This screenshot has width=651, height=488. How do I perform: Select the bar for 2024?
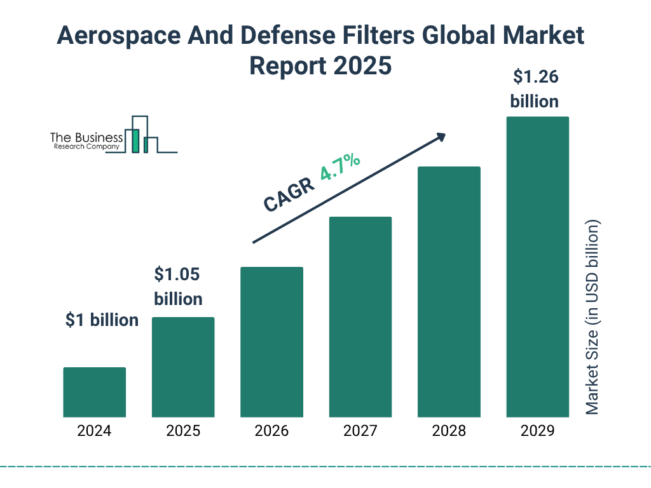[94, 392]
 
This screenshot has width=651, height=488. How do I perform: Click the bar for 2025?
[183, 367]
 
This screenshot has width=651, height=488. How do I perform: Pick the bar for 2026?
[271, 342]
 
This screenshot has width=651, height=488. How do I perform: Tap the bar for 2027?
[360, 316]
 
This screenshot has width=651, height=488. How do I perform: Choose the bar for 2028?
[449, 292]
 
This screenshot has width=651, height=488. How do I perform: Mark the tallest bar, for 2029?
[537, 267]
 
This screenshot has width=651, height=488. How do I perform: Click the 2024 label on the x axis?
[94, 431]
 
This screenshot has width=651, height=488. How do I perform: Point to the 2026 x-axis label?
[271, 431]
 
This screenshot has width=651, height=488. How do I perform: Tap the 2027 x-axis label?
[360, 431]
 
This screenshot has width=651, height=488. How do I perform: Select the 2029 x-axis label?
[537, 431]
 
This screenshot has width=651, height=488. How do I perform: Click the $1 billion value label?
[102, 320]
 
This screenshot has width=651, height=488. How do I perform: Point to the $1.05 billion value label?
[178, 287]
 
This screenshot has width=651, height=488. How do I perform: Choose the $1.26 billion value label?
[535, 89]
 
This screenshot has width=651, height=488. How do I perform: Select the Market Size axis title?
[593, 318]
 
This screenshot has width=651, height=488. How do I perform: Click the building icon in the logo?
[141, 135]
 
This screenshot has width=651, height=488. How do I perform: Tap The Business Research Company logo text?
[86, 142]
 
